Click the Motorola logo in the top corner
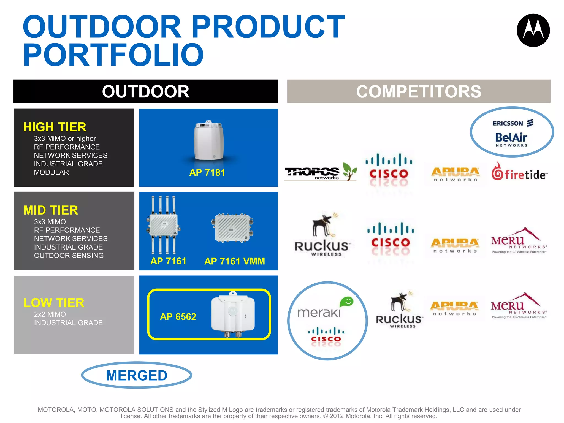533,30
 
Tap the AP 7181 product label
207,173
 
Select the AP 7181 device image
208,141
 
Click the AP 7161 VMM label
235,261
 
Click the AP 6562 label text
178,317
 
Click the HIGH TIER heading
55,127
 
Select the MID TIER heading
51,210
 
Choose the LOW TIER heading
54,303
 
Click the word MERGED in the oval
137,376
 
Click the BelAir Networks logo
511,139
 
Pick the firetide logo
519,172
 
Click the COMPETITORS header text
418,91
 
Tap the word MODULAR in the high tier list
51,172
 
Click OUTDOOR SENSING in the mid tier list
69,256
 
